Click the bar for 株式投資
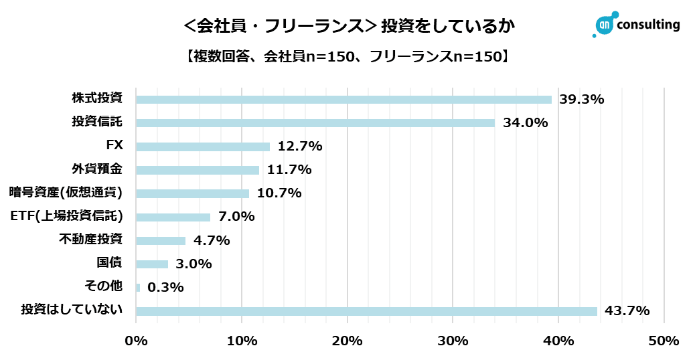(x=343, y=100)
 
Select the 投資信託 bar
(x=315, y=123)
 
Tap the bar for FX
(x=203, y=147)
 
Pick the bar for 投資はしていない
(x=366, y=311)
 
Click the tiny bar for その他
(x=138, y=288)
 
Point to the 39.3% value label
(x=581, y=100)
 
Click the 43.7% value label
(x=627, y=311)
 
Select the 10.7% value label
(x=279, y=193)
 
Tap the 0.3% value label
(x=165, y=288)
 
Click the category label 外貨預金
(x=96, y=169)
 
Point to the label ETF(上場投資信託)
(x=68, y=216)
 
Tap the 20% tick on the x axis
(x=347, y=341)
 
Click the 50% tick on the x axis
(x=664, y=341)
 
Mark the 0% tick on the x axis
(x=137, y=341)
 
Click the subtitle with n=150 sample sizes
(x=347, y=57)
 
